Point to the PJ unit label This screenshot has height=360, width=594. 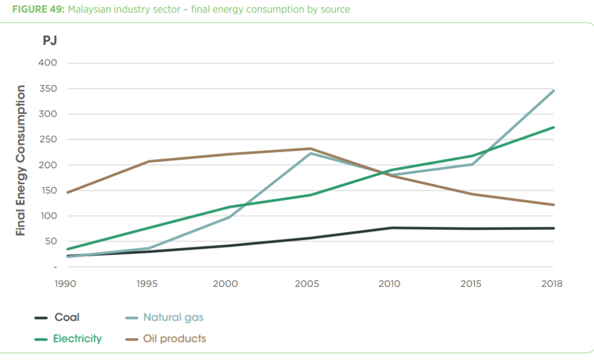(x=49, y=41)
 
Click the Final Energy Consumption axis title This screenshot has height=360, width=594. (x=21, y=160)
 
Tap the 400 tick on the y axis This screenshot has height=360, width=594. (x=48, y=63)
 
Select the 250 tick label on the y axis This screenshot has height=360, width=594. (x=48, y=140)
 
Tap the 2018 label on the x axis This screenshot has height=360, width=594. (x=552, y=284)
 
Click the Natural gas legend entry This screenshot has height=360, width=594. (x=173, y=317)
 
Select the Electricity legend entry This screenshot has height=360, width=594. (x=77, y=339)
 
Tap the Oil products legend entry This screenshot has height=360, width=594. (x=174, y=339)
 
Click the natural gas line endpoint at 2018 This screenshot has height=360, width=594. (x=554, y=90)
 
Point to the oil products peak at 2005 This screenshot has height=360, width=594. (x=310, y=148)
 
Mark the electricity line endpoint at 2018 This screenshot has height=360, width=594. (x=554, y=127)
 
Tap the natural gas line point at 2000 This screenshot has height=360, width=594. (x=230, y=217)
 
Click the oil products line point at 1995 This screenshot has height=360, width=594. (x=149, y=161)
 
